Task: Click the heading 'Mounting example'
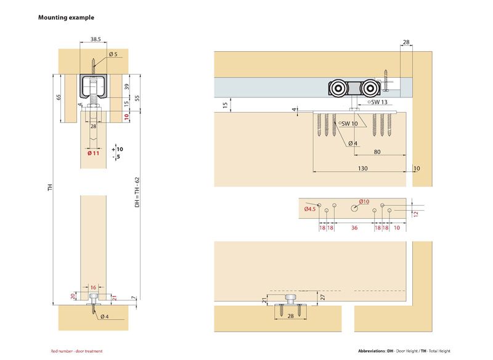click(67, 18)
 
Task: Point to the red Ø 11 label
click(93, 153)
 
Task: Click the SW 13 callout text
click(378, 102)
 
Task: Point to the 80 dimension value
click(375, 152)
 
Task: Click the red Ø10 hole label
click(364, 202)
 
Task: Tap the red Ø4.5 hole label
click(309, 210)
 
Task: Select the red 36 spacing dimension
click(354, 228)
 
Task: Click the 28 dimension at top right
click(406, 43)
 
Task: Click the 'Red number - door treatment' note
click(76, 351)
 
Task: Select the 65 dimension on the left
click(59, 97)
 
